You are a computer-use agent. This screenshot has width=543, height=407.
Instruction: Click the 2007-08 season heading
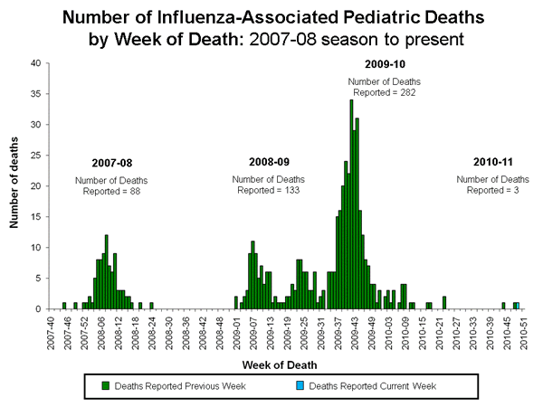coord(111,163)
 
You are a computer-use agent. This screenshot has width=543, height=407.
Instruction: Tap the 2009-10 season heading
coord(383,65)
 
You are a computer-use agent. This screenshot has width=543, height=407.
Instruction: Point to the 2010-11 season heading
coord(492,161)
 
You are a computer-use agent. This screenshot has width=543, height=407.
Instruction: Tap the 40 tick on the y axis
coord(34,63)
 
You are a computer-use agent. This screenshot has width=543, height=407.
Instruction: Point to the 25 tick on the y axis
coord(34,156)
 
